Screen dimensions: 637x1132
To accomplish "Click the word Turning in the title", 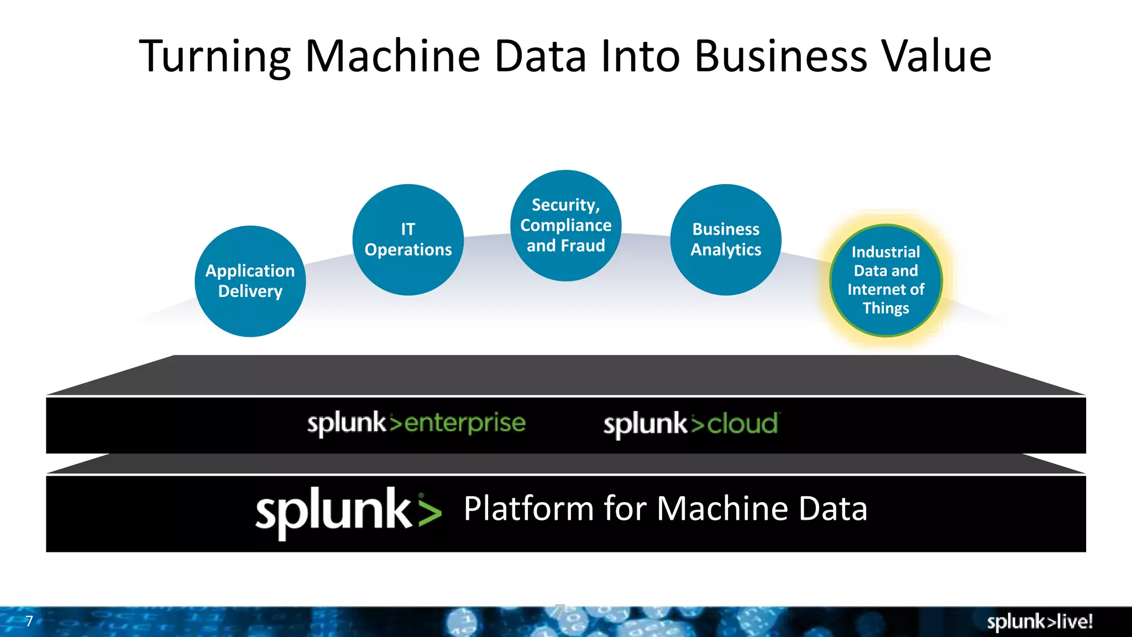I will tap(214, 56).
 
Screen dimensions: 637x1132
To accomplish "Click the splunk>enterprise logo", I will tap(416, 424).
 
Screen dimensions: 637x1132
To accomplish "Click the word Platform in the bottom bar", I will tap(528, 509).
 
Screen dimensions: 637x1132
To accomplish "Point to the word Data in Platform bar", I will tap(832, 509).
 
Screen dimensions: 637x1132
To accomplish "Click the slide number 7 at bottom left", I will tap(29, 622).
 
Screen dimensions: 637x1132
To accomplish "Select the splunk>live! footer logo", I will tap(1040, 622).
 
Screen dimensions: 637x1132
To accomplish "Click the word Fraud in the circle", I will tap(583, 246).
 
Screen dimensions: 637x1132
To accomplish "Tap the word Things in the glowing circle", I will tap(885, 308).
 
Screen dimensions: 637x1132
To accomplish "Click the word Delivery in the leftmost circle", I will tap(250, 291).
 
